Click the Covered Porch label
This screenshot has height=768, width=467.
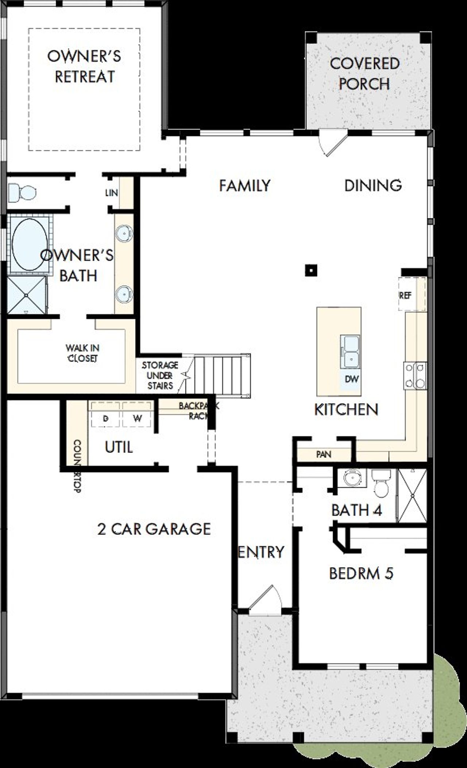[364, 74]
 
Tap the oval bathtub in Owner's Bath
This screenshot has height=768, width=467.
[29, 245]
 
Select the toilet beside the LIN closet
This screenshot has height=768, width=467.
[22, 192]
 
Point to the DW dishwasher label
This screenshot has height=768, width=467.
[351, 379]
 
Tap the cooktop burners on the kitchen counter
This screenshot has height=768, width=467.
[415, 375]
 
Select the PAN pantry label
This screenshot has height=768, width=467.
[323, 454]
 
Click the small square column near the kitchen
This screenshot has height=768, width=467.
[310, 270]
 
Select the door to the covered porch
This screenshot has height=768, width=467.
[332, 143]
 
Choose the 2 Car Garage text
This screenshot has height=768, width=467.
[154, 529]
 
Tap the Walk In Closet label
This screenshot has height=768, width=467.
[82, 353]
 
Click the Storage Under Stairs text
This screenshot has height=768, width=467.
[160, 375]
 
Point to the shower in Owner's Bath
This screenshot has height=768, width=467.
[26, 295]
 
